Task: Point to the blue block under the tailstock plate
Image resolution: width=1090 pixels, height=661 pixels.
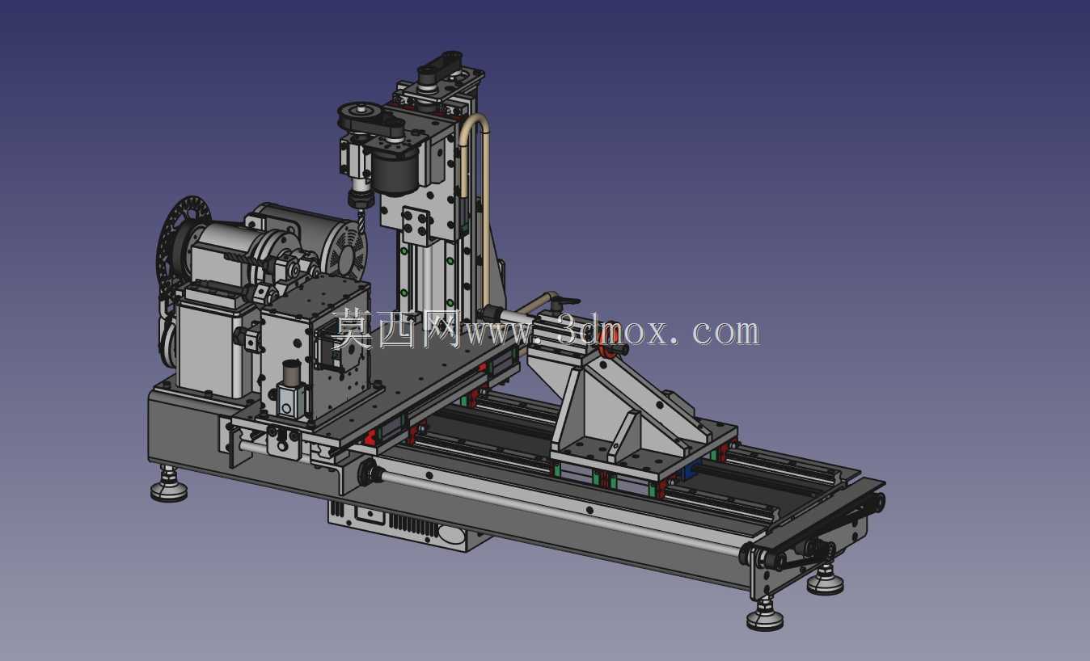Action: pos(692,469)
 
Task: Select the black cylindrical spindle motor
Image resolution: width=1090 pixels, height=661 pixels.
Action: pos(395,171)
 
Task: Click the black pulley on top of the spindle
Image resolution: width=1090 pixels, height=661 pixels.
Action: pos(361,116)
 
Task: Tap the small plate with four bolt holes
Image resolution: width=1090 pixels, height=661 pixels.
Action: pos(416,225)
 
